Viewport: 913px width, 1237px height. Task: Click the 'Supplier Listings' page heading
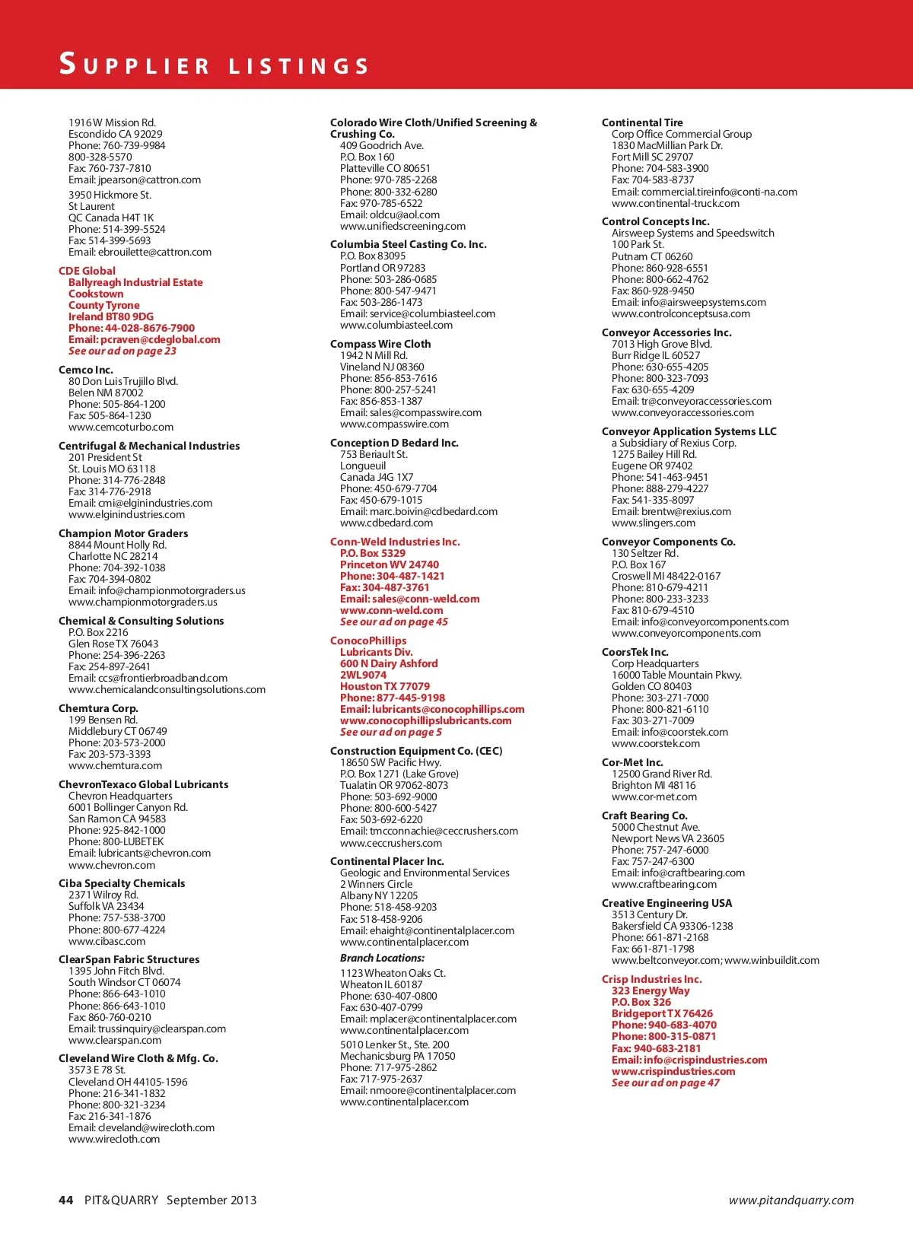coord(214,64)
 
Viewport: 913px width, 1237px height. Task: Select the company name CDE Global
coord(87,271)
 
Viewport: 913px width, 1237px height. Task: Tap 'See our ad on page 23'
coord(122,351)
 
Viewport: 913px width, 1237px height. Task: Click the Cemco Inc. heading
coord(85,370)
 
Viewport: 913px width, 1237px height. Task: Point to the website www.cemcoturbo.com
coord(120,427)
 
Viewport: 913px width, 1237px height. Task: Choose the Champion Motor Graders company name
coord(123,533)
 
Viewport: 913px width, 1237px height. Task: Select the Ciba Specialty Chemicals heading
coord(122,883)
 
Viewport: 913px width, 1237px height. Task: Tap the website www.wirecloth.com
coord(114,1139)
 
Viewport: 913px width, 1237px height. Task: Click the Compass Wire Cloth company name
coord(380,344)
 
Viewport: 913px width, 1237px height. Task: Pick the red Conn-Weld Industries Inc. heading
coord(395,542)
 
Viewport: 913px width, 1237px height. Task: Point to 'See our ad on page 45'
coord(393,622)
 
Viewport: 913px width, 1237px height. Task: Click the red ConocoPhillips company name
coord(368,641)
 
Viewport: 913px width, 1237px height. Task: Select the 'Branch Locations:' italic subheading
coord(382,958)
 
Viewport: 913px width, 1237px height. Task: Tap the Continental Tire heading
coord(642,122)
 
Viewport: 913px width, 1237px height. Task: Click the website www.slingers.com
coord(653,523)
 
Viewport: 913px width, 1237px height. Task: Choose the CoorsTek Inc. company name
coord(635,652)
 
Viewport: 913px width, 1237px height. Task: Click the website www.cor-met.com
coord(654,797)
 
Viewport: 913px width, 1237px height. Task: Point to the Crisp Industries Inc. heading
coord(651,979)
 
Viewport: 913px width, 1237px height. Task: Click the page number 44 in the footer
coord(66,1200)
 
